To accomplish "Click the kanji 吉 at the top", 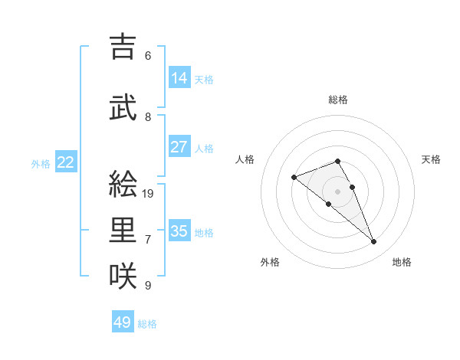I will [124, 47].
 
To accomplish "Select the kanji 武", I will [124, 108].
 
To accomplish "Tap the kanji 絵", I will [124, 185].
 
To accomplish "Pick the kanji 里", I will [124, 231].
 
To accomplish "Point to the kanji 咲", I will [124, 277].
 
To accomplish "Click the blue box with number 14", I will [179, 78].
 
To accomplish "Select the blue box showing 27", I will [179, 147].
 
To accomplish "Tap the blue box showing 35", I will [179, 231].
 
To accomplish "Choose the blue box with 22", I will [66, 162].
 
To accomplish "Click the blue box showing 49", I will [123, 322].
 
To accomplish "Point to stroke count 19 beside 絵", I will [149, 194].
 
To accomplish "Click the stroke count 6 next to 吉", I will [148, 56].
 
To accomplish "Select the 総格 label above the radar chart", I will [338, 100].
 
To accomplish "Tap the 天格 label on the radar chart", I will [431, 159].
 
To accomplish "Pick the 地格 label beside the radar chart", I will [402, 262].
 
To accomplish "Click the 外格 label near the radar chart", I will [270, 262].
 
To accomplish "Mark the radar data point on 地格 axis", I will [374, 242].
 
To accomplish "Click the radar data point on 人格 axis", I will [294, 178].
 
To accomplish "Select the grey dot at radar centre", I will [337, 191].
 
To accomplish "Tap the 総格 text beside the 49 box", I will [147, 324].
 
